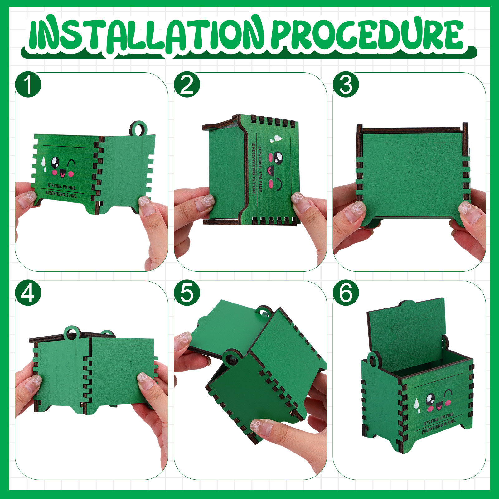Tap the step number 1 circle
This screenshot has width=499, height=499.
point(28,85)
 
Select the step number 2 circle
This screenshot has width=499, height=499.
point(187,85)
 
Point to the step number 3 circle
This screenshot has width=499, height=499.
point(346,85)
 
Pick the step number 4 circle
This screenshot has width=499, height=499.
point(28,293)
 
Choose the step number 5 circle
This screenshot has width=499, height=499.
point(187,293)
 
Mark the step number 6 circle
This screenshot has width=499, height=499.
point(346,293)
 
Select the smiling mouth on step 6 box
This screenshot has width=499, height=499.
point(439,406)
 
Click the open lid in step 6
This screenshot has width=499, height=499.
point(405,334)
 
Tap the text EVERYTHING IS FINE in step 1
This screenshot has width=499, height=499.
point(61,194)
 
